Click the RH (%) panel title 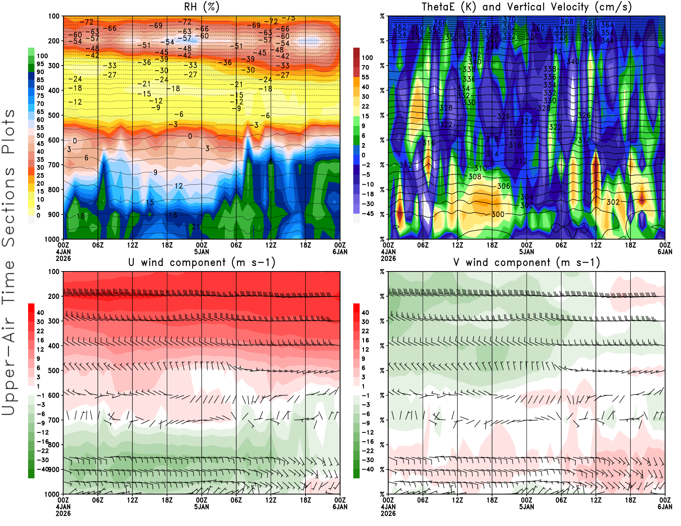202,7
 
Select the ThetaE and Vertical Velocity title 526,7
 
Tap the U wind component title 202,263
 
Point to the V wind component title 526,263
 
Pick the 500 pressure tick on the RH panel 54,115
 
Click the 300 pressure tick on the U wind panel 54,321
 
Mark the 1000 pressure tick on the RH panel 52,239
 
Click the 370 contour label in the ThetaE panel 509,20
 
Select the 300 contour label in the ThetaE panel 498,214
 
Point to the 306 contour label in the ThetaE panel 504,186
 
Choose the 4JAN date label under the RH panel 63,252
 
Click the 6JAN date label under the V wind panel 665,507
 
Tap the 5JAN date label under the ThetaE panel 526,252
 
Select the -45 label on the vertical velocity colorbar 368,214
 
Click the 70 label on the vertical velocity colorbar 365,67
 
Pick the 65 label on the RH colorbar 40,112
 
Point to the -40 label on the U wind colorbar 43,469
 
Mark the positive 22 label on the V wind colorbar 365,331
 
